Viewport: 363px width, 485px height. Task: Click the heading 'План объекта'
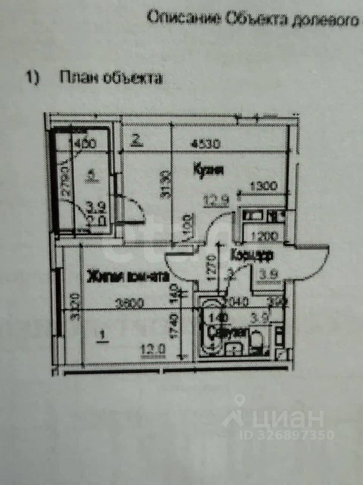click(x=111, y=78)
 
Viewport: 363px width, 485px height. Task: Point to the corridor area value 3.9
click(x=263, y=275)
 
